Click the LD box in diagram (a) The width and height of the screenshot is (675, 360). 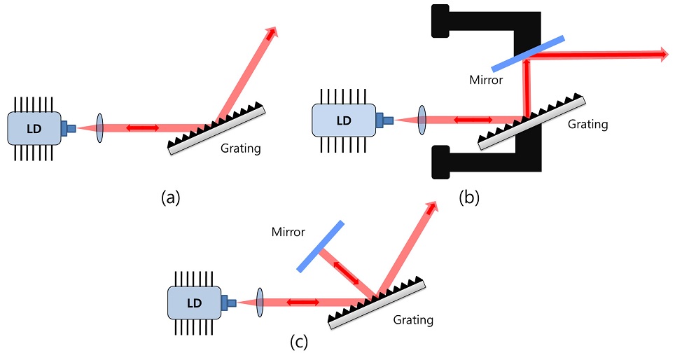coord(34,127)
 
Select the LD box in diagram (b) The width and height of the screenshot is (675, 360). coord(344,120)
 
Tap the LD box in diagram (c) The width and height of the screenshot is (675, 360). coord(194,303)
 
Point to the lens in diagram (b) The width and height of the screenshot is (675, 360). coord(423,120)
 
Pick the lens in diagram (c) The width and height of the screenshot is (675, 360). coord(260,302)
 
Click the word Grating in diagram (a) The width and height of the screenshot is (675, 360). coord(241,148)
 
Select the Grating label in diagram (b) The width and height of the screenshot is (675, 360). coord(587,125)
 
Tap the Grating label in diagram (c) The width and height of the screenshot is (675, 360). coord(413,320)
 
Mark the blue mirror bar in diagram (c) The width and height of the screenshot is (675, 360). coord(320,246)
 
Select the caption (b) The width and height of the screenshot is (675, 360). coord(469,198)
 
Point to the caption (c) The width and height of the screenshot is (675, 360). coord(298,342)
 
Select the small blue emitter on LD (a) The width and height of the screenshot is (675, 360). coord(69,127)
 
